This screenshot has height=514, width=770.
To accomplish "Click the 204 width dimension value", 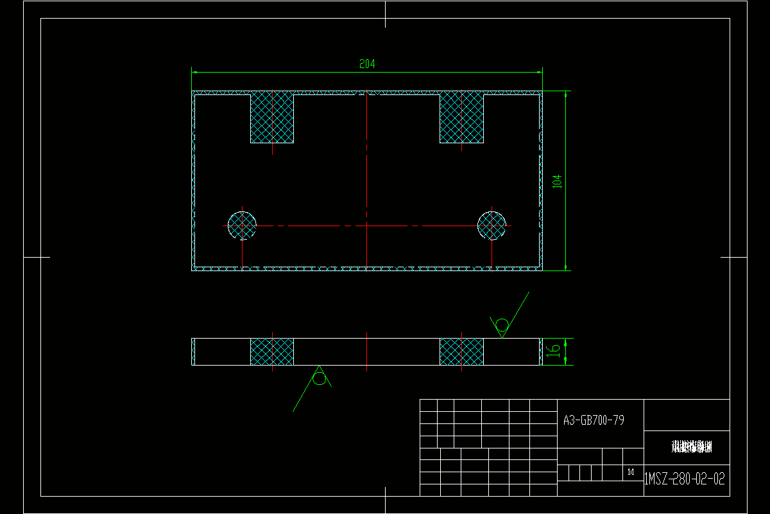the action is [x=367, y=64].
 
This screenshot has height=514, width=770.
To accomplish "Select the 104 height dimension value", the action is [x=557, y=181].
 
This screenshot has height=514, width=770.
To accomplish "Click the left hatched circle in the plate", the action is [x=242, y=225].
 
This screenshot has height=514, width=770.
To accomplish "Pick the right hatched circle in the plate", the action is [x=492, y=225].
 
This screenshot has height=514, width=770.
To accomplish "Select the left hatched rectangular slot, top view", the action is [x=272, y=117].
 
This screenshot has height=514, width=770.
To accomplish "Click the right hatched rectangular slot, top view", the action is [x=461, y=117].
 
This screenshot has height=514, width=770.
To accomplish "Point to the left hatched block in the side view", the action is [x=272, y=351].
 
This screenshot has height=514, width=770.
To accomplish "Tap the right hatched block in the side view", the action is [x=461, y=351].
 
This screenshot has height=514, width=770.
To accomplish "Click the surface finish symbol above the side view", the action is [x=502, y=324].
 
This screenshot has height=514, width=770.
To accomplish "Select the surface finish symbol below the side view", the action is [x=319, y=378].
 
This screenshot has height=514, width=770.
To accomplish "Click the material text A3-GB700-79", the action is [x=594, y=420].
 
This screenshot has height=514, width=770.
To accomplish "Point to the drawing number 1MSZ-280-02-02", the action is [x=685, y=479].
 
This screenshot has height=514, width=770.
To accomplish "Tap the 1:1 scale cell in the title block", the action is [x=631, y=473].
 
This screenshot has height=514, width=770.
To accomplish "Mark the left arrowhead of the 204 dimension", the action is [x=195, y=72].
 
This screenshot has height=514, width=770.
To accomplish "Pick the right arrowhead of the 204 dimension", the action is [x=540, y=72].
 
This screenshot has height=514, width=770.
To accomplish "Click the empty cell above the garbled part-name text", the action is [x=687, y=415].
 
